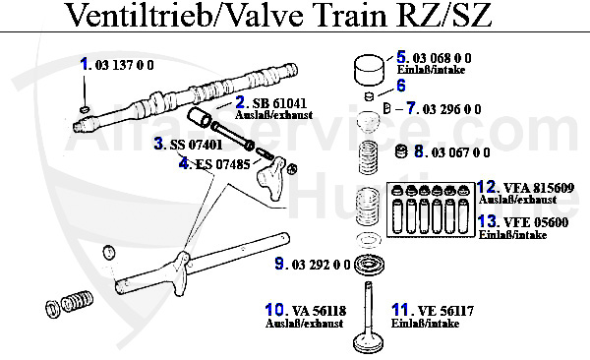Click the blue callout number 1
85,64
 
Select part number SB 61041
279,103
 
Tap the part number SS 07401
196,145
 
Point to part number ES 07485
223,164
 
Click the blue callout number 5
401,57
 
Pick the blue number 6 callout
401,86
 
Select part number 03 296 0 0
451,109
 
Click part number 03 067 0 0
460,152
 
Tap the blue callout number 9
279,264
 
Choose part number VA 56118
319,311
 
